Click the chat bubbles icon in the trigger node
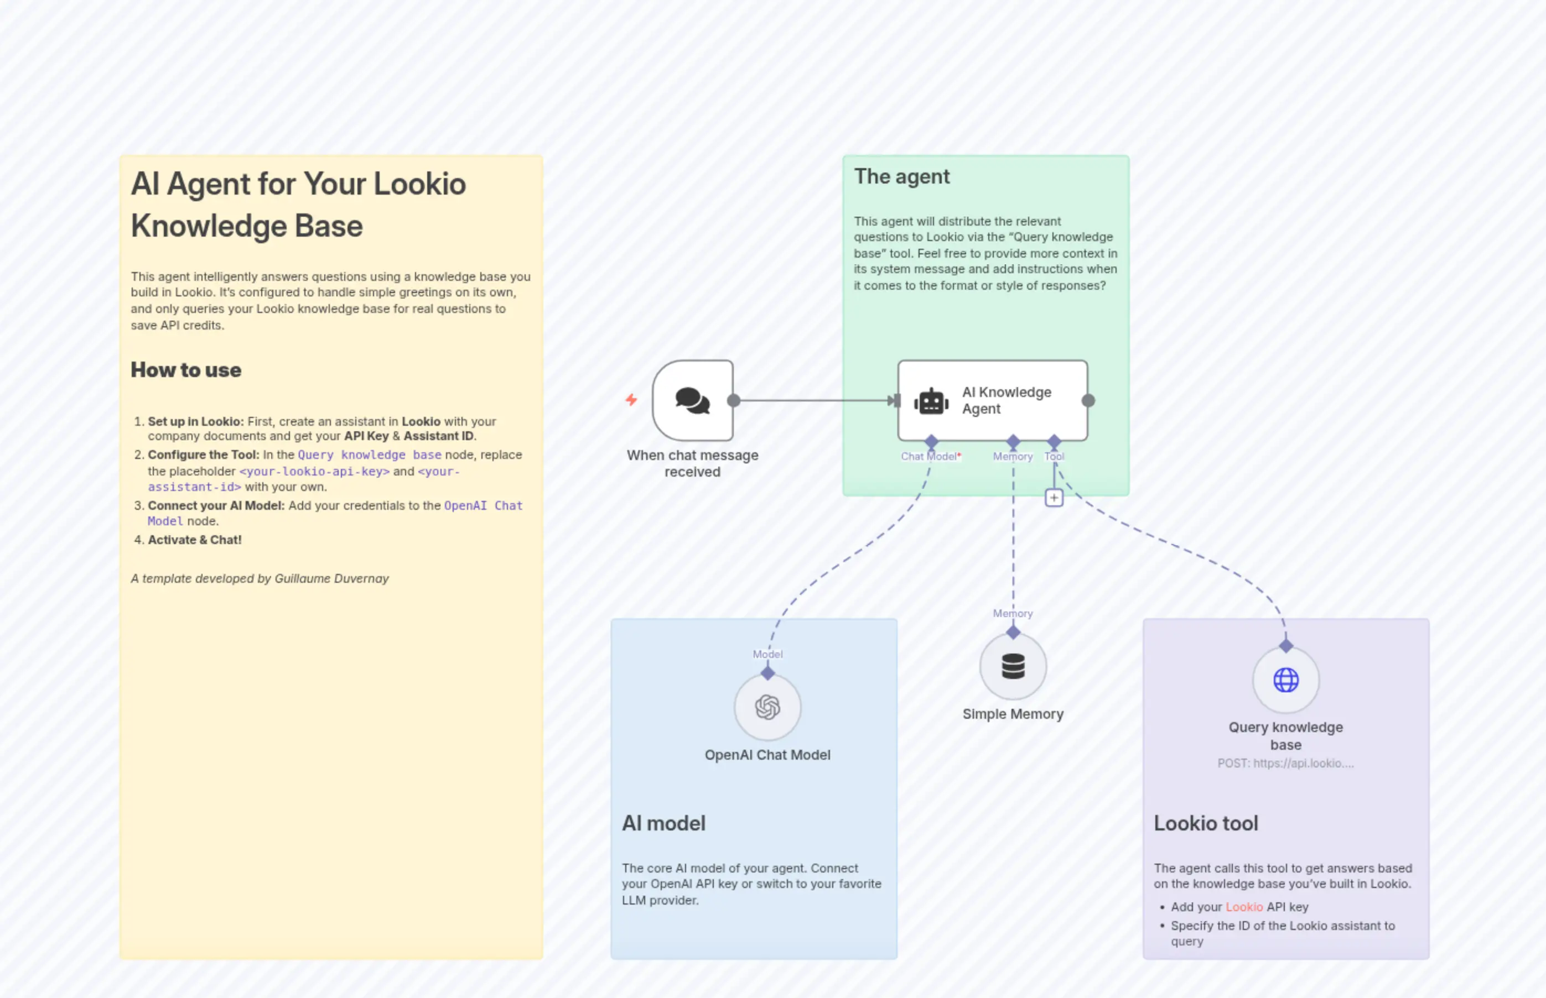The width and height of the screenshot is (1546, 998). pos(693,400)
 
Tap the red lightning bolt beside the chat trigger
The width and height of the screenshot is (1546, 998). pos(631,400)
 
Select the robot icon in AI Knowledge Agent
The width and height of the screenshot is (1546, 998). pos(931,402)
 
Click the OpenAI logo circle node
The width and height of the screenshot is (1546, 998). pos(767,707)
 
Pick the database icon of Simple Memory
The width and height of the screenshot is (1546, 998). pos(1013,666)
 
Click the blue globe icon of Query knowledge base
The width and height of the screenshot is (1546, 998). pos(1285,680)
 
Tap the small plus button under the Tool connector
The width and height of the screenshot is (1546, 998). pos(1054,498)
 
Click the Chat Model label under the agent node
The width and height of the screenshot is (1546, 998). pos(928,456)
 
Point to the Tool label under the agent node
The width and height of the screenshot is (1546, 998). pos(1054,456)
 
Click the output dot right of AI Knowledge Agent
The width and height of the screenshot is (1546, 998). pos(1088,400)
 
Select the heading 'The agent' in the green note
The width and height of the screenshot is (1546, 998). pos(901,176)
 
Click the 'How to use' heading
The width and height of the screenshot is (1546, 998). pos(186,370)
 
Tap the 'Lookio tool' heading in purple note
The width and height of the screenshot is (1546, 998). pos(1206,823)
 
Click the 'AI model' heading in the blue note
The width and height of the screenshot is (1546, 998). pos(663,823)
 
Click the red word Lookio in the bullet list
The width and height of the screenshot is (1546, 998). pos(1244,907)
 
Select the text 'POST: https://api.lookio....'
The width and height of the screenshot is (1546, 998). pos(1285,764)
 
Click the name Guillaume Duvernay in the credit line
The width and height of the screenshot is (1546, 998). pos(331,578)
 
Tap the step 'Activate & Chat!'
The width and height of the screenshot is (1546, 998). pos(195,540)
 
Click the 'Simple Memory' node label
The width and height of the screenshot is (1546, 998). pos(1013,714)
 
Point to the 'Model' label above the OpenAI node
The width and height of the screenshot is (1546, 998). pos(767,654)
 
